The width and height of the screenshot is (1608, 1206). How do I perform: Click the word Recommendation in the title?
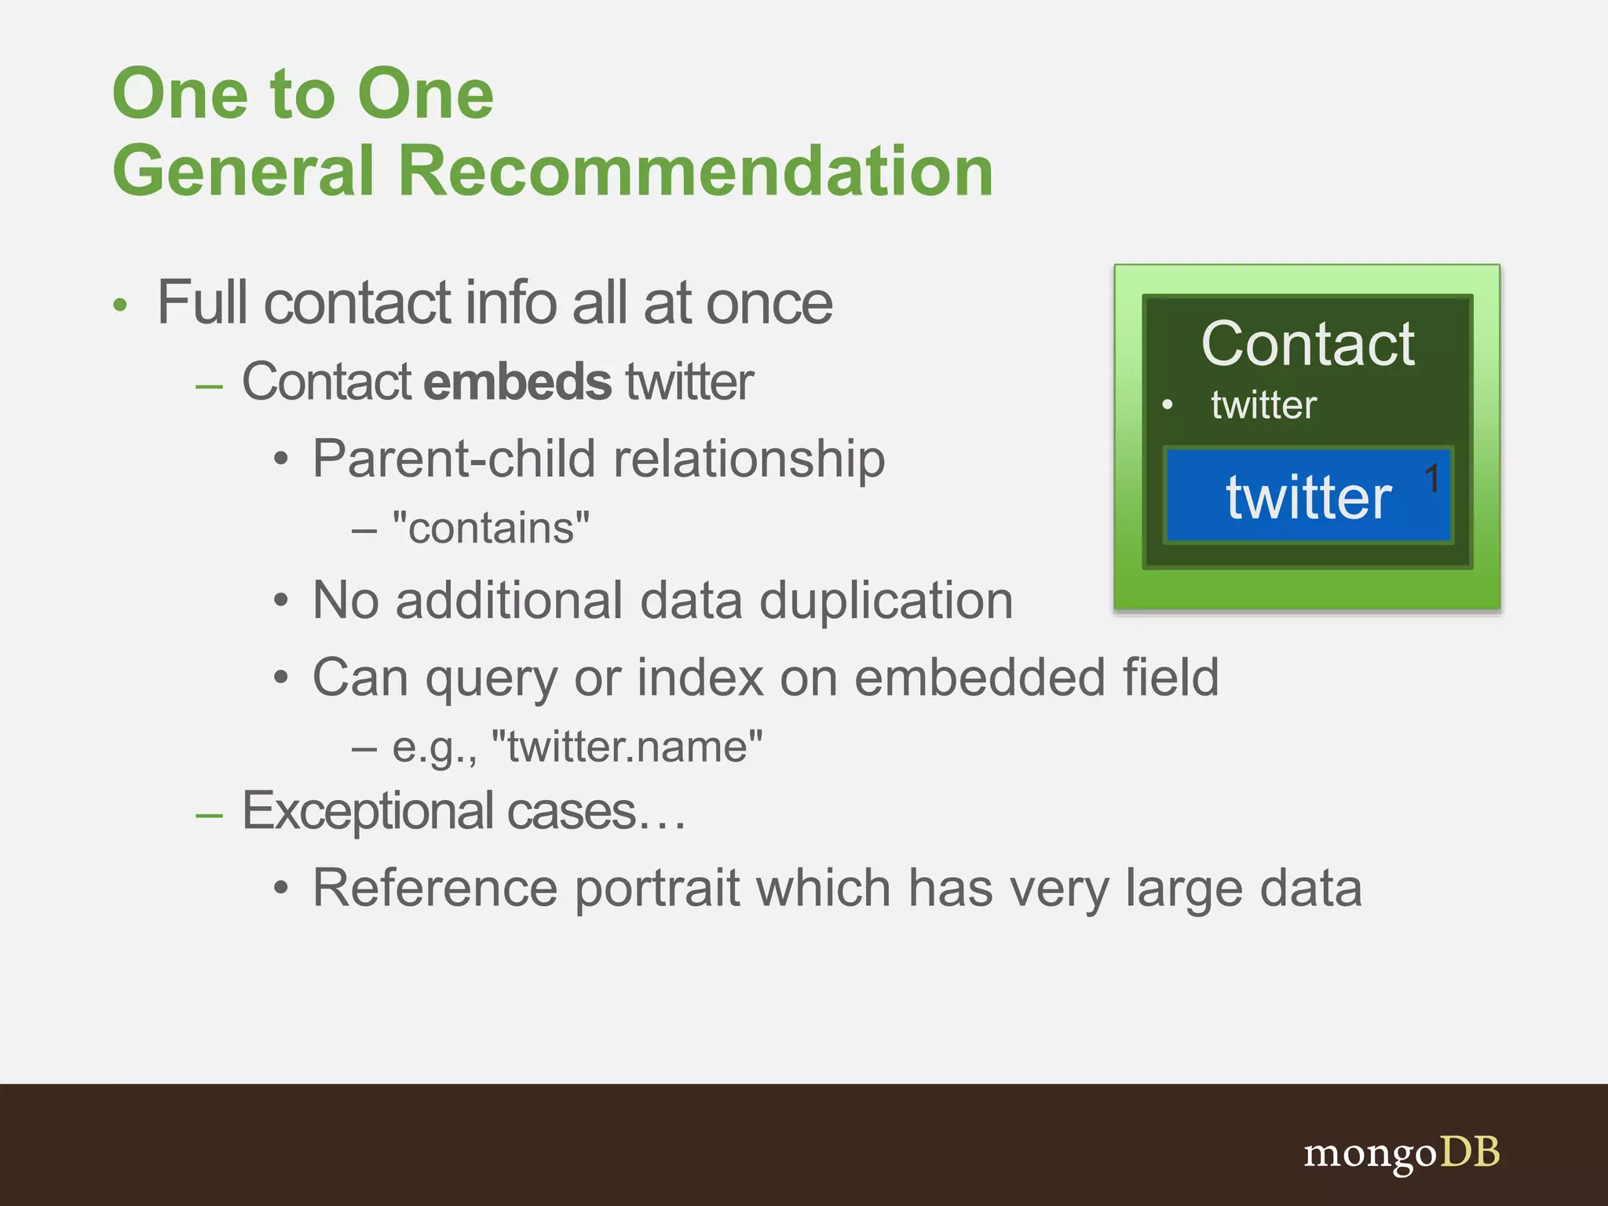[696, 171]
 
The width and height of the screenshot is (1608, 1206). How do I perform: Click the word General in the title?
[243, 171]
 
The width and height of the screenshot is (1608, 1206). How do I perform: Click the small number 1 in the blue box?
[1432, 478]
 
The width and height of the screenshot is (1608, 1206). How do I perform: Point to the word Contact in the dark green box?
[1307, 345]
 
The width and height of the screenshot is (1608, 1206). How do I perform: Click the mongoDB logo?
[1402, 1153]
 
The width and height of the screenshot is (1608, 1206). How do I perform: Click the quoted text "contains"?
[491, 528]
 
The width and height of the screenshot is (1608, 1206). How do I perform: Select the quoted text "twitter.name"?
[627, 747]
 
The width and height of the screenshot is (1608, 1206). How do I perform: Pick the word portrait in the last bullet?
[658, 889]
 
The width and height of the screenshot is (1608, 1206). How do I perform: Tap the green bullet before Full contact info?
[119, 305]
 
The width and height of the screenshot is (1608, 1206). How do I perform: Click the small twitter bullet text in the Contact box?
[1263, 405]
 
